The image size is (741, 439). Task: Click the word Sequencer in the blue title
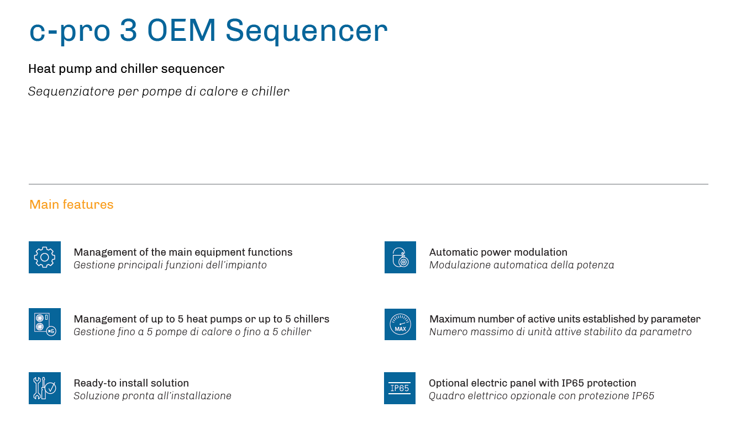tap(306, 31)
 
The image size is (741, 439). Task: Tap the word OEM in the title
tap(181, 30)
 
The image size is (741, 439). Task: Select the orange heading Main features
tap(71, 205)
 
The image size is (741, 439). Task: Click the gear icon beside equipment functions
tap(45, 257)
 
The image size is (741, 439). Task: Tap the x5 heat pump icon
tap(45, 324)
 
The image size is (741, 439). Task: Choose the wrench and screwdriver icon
tap(45, 388)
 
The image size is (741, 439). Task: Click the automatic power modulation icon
tap(400, 257)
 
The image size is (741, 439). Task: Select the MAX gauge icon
tap(400, 324)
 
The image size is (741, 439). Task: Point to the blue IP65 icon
tap(400, 388)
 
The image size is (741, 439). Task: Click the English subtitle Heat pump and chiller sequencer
tap(127, 69)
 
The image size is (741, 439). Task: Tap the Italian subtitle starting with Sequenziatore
tap(159, 92)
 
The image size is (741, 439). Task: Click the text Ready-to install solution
tap(132, 383)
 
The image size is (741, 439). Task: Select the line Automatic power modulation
tap(498, 252)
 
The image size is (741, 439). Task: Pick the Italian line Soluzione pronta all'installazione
tap(153, 396)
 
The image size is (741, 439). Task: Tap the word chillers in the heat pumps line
tap(312, 319)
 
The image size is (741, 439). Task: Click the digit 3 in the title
tap(128, 30)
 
